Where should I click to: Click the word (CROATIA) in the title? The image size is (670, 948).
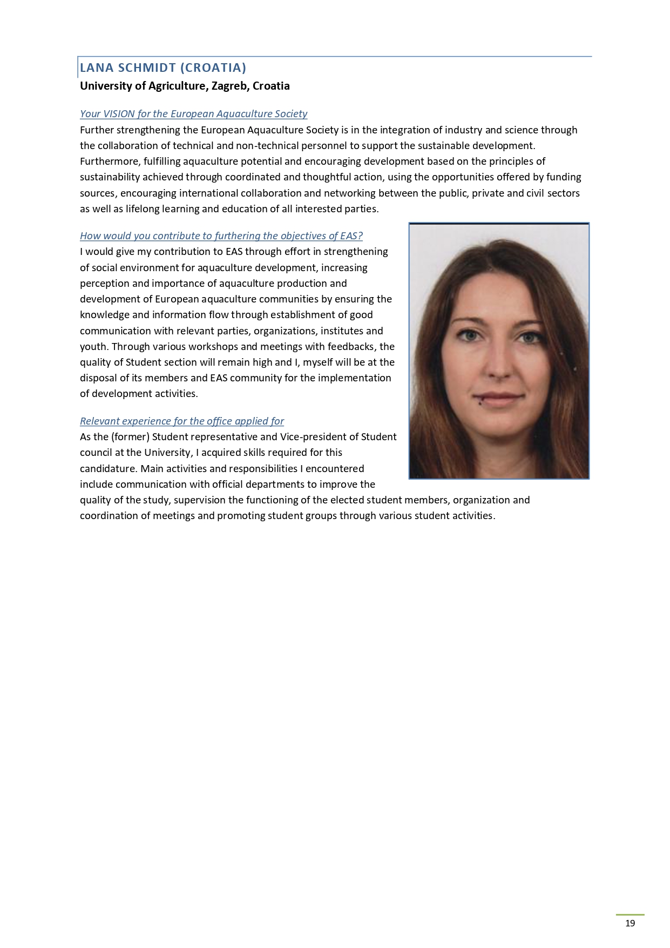coord(213,68)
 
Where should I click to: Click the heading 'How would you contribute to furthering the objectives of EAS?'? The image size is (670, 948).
coord(221,236)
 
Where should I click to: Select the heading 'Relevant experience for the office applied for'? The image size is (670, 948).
coord(182,421)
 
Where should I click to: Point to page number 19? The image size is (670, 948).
coord(630,923)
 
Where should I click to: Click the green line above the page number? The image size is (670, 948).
coord(630,915)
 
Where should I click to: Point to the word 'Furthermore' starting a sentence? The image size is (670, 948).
coord(110,161)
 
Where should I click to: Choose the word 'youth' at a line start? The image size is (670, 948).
coord(93,346)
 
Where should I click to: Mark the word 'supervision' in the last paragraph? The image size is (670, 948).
coord(199,500)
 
